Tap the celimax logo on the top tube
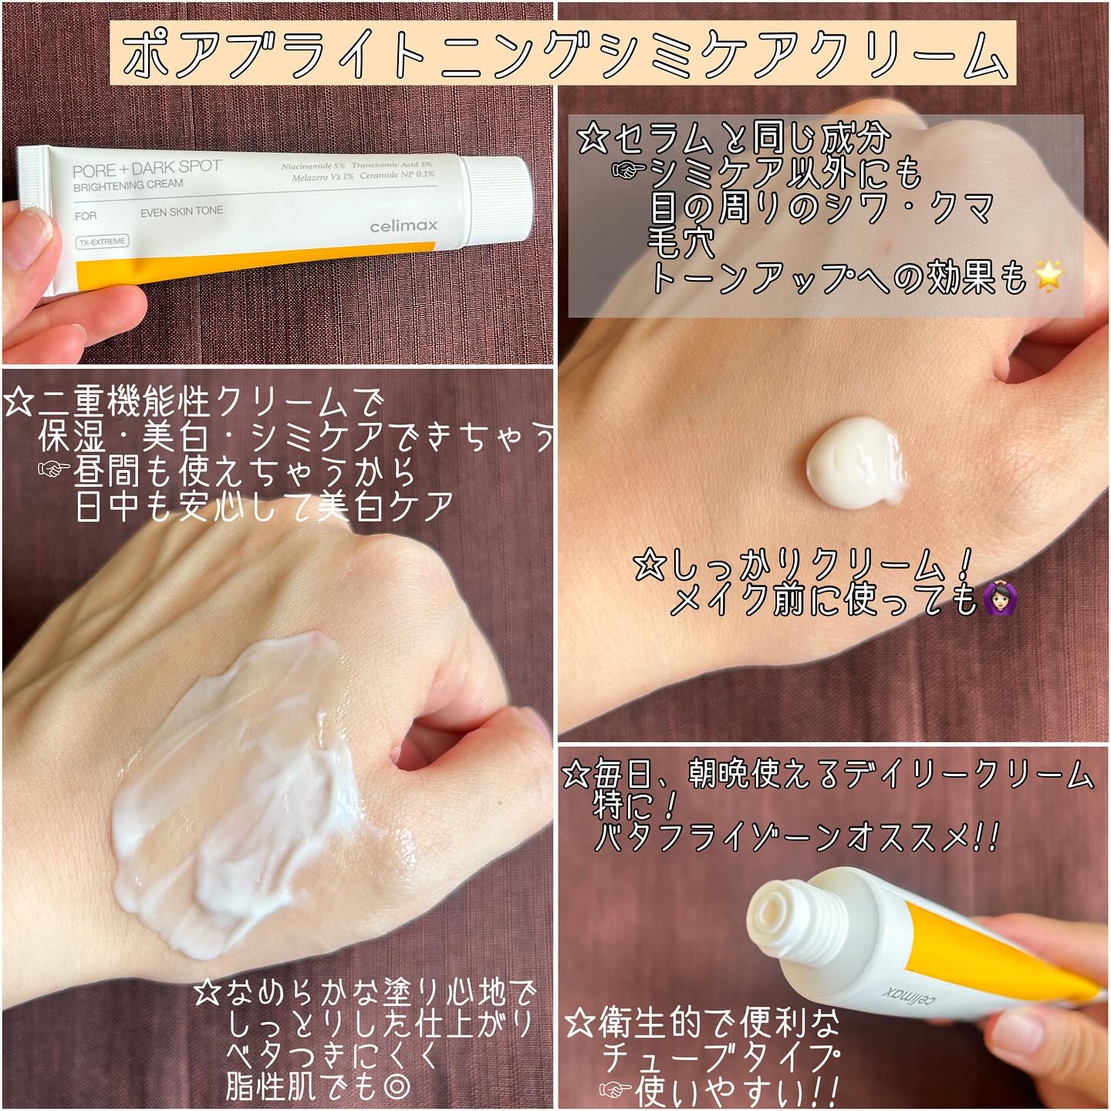point(404,225)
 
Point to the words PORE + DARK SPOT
point(147,168)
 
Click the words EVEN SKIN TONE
point(181,211)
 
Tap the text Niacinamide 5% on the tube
point(313,166)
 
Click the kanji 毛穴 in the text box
point(681,243)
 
